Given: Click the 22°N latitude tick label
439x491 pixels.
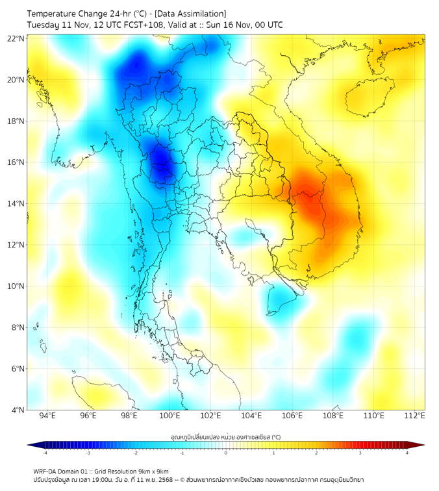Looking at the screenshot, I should (16, 38).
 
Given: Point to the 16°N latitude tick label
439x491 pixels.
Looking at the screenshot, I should (16, 162).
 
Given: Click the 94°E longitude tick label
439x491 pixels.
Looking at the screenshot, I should (47, 416).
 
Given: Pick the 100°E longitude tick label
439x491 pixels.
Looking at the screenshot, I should (169, 416).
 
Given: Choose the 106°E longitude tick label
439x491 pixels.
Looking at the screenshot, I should (292, 416).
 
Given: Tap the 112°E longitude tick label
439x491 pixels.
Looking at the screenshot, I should (414, 416).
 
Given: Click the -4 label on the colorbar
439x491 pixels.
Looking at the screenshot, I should (45, 453).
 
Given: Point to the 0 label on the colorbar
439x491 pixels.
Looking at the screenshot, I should (226, 453).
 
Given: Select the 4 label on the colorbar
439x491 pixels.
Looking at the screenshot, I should (407, 453).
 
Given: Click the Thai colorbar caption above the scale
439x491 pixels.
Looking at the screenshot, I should (225, 436).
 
